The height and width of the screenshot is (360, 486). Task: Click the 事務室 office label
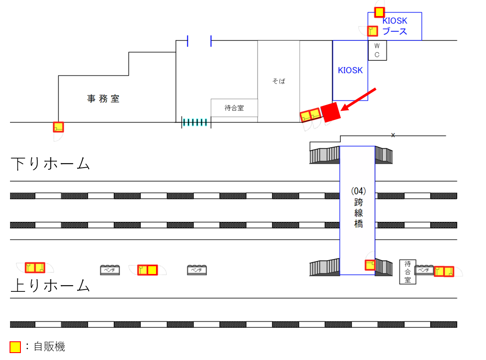click(x=103, y=99)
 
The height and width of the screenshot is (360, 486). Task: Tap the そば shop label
click(x=279, y=81)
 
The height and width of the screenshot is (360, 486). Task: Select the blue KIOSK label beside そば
click(x=350, y=70)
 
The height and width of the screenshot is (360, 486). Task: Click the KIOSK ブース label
click(x=395, y=26)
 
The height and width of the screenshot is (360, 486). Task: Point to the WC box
click(x=377, y=50)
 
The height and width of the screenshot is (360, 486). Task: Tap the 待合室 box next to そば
click(x=234, y=108)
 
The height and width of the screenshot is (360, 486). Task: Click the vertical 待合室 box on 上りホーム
click(x=407, y=272)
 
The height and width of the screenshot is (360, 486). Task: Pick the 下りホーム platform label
click(x=50, y=164)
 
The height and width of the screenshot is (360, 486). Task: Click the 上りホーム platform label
click(x=50, y=286)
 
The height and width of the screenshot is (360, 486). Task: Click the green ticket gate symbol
click(x=196, y=122)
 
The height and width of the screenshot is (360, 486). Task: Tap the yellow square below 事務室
click(x=58, y=127)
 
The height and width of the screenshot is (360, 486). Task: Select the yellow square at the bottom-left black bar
click(x=15, y=347)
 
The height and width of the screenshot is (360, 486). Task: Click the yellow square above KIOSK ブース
click(x=379, y=12)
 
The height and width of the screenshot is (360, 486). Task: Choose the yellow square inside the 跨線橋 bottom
click(x=370, y=264)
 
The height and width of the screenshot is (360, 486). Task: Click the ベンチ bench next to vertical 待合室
click(x=424, y=271)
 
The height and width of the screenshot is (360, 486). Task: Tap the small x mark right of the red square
click(x=393, y=135)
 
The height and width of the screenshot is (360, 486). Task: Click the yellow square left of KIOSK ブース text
click(x=373, y=31)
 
